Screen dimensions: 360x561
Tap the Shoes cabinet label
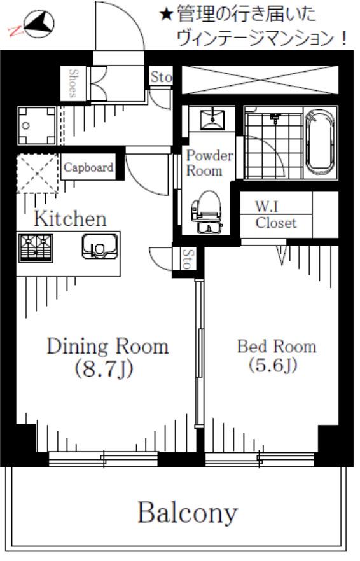pyautogui.click(x=73, y=83)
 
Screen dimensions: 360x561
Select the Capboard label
pyautogui.click(x=88, y=167)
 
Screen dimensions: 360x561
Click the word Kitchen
pyautogui.click(x=70, y=219)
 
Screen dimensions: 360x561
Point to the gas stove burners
pyautogui.click(x=36, y=247)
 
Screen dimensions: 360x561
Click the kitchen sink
pyautogui.click(x=99, y=246)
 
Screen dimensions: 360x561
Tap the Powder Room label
pyautogui.click(x=209, y=163)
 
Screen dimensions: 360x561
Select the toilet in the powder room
pyautogui.click(x=206, y=212)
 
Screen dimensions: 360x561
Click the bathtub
pyautogui.click(x=320, y=142)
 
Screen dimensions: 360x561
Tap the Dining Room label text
pyautogui.click(x=107, y=346)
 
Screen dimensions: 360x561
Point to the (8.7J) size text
pyautogui.click(x=104, y=368)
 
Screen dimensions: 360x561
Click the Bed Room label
pyautogui.click(x=277, y=346)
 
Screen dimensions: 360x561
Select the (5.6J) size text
pyautogui.click(x=273, y=365)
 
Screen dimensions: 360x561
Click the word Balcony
pyautogui.click(x=188, y=513)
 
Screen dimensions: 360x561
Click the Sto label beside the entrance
pyautogui.click(x=161, y=76)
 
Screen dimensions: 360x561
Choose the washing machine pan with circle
pyautogui.click(x=37, y=125)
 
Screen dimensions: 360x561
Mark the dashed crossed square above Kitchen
pyautogui.click(x=38, y=174)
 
